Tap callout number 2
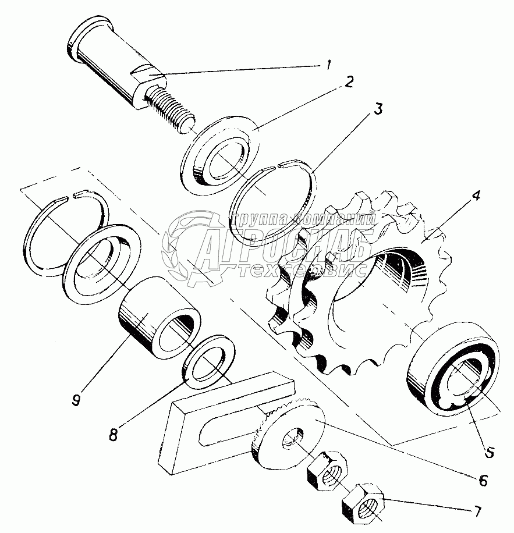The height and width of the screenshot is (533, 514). coord(348,81)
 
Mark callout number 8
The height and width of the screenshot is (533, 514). coord(115,433)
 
